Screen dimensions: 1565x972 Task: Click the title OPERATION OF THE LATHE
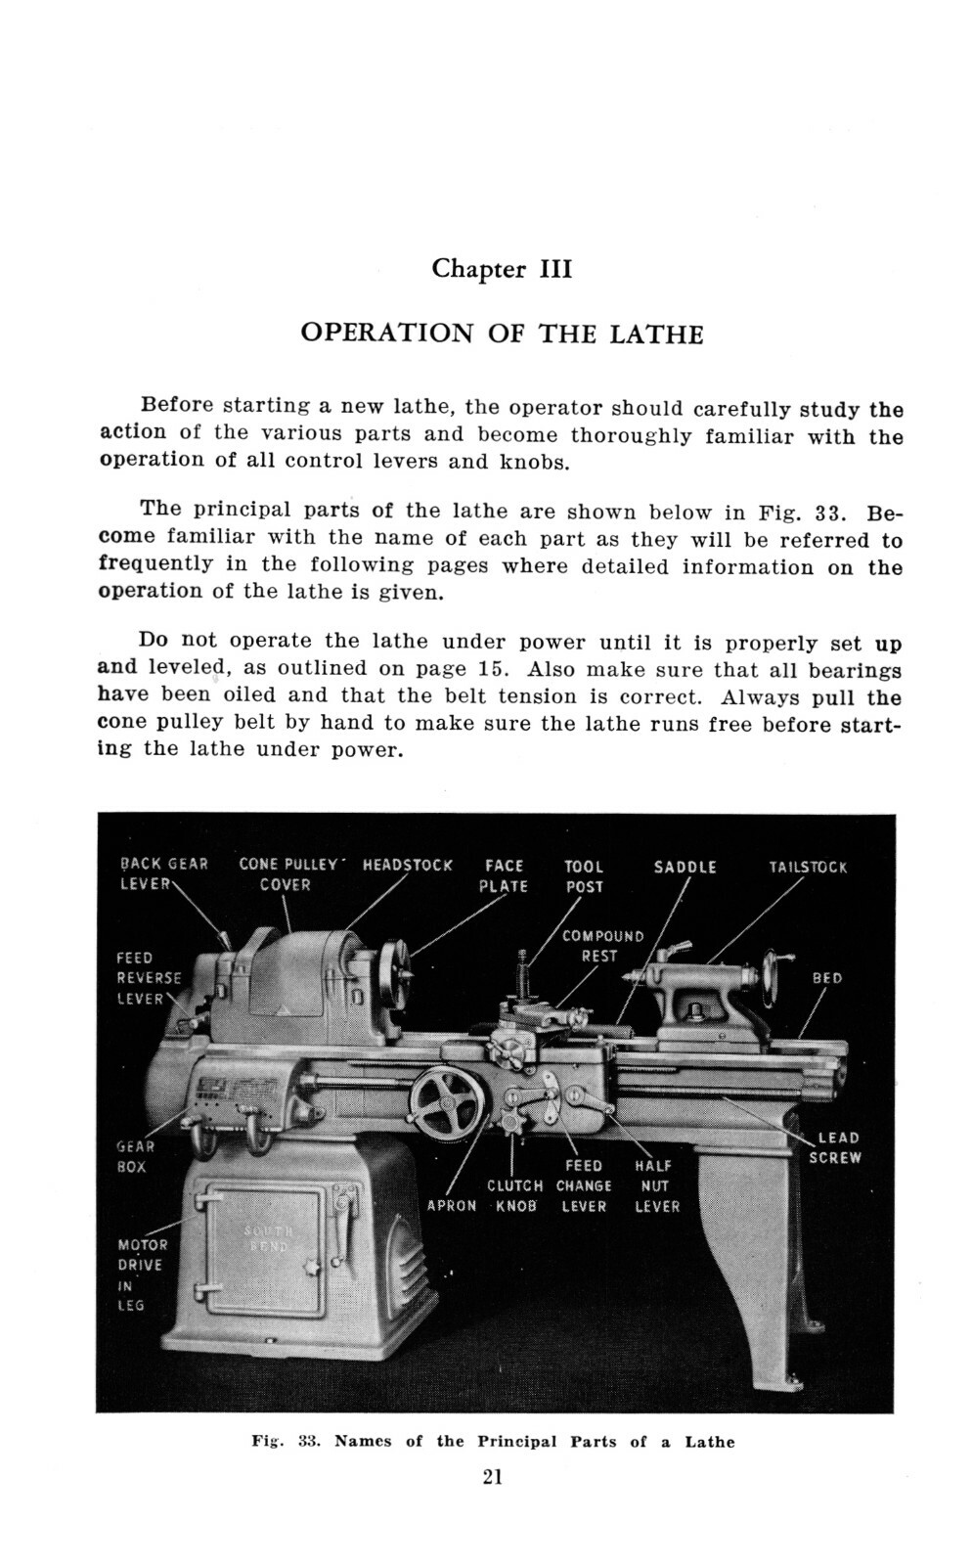coord(501,334)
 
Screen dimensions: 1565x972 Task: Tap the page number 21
coord(492,1477)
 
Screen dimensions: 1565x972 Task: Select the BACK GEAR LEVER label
coord(161,873)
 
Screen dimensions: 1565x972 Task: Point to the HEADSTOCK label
coord(407,865)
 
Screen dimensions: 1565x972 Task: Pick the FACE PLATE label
coord(505,875)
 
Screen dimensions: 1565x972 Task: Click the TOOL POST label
coord(584,875)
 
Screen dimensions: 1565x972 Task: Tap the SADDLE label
coord(685,867)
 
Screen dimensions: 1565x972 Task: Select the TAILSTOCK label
coord(808,867)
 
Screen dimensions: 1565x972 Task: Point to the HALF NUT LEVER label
coord(656,1185)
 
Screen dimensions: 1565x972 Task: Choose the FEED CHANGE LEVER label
coord(584,1185)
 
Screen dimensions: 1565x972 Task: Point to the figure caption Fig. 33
coord(492,1442)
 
